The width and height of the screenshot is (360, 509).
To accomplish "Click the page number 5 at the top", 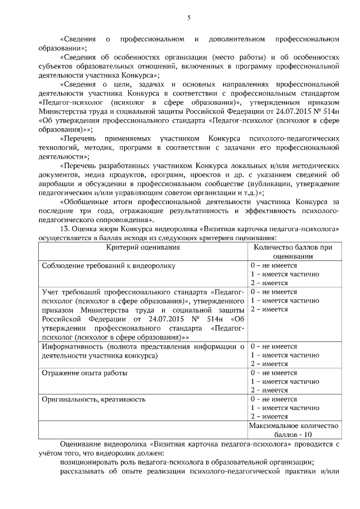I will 189,18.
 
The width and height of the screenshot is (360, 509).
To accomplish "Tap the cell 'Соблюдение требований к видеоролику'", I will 109,265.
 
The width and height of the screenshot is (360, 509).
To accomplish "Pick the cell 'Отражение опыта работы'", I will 85,373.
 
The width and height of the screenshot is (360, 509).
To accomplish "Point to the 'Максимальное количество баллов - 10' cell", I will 293,430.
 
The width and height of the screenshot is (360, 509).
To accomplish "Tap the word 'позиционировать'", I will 89,462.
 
